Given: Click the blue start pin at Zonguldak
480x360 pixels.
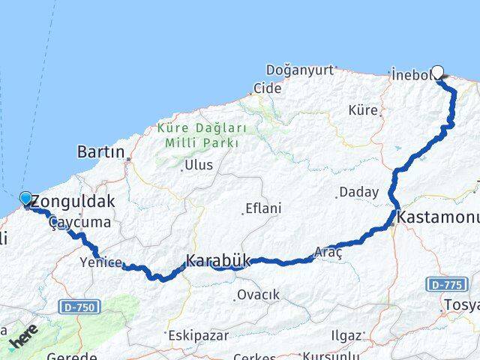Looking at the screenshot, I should [25, 198].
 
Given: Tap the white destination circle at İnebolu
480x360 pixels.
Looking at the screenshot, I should [437, 73].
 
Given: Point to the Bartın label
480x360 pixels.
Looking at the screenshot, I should [100, 152].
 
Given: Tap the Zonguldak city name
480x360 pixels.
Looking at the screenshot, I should [74, 201].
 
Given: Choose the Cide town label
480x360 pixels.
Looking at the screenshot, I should [267, 88].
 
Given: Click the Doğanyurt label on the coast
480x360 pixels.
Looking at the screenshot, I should [298, 70].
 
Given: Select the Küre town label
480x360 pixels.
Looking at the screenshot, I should [363, 110].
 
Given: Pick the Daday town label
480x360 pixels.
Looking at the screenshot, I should [358, 192].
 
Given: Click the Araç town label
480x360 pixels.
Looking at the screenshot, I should [328, 253].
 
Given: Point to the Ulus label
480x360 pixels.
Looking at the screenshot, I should [199, 165].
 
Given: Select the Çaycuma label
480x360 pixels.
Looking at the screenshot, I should [80, 223].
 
